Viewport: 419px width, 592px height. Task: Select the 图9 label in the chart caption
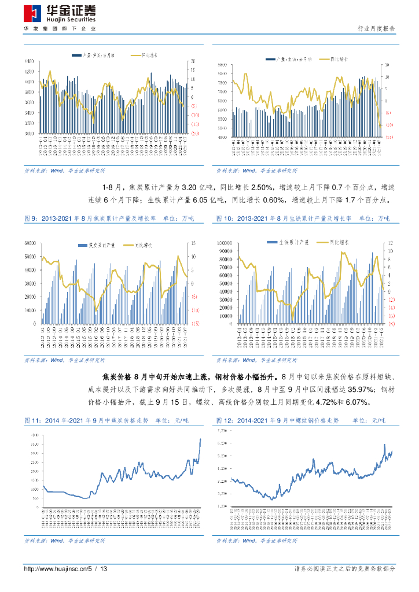(30, 219)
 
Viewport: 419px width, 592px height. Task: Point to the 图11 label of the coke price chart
(31, 420)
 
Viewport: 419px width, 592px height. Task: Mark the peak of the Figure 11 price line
(200, 439)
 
